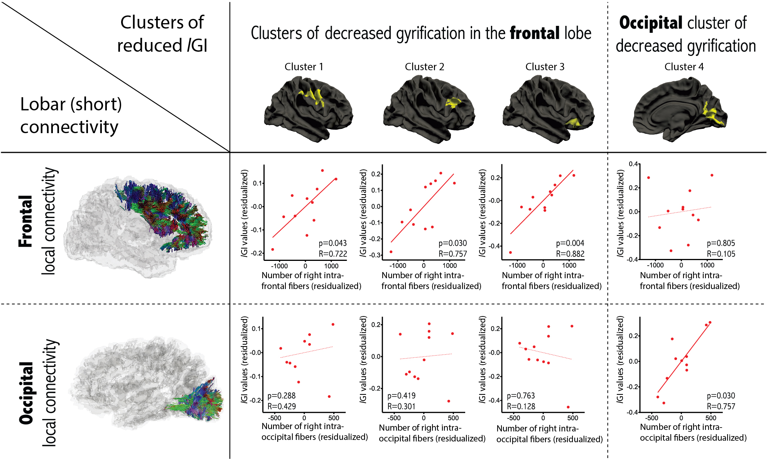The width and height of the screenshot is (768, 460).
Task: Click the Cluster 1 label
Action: coord(304,67)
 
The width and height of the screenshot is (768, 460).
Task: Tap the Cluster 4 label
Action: coord(684,67)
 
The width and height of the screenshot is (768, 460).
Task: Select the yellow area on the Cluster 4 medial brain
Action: coord(712,114)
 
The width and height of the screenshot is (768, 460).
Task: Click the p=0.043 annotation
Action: coord(333,243)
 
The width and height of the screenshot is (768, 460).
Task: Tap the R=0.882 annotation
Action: coord(570,254)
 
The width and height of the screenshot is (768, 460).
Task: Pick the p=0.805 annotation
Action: coord(721,243)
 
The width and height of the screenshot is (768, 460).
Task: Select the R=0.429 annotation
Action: coord(282,406)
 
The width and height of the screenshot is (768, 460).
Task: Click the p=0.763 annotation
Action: coord(521,396)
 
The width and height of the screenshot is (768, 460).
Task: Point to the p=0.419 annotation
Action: coord(401,396)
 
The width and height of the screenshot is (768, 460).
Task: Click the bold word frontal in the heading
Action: coord(534,33)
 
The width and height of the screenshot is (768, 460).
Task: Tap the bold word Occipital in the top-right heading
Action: coord(651,23)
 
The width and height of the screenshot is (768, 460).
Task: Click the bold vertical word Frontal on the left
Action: coord(26,221)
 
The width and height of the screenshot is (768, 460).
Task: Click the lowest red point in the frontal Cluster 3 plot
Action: coord(510,252)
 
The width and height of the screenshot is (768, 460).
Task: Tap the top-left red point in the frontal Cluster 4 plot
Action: coord(648,178)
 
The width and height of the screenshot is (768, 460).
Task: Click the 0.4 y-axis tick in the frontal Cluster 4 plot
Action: coord(633,164)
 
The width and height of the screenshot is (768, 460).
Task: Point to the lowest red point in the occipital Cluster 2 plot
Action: coord(449,401)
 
